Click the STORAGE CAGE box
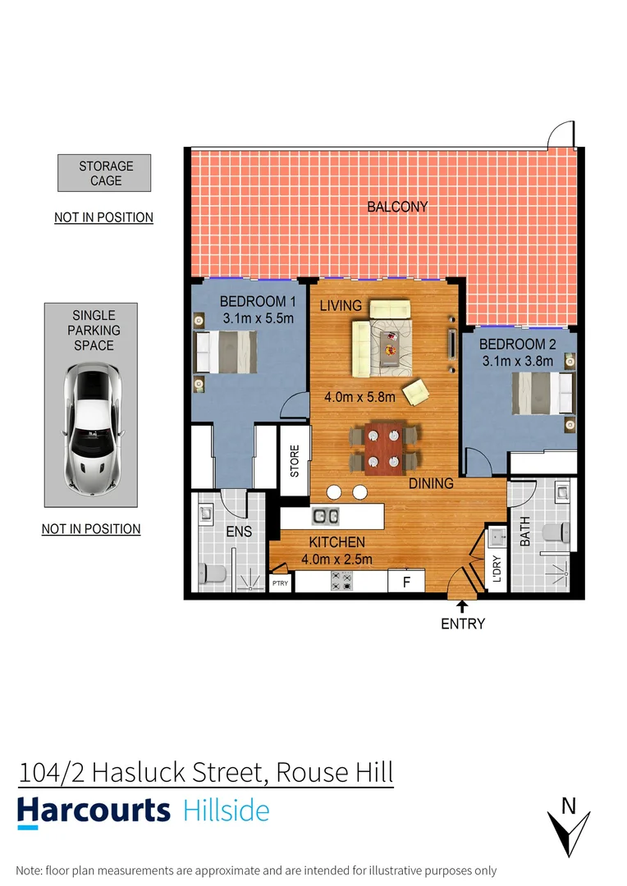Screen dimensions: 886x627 click(x=104, y=173)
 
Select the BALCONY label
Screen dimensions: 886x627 click(x=397, y=207)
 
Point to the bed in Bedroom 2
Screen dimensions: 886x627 click(x=541, y=394)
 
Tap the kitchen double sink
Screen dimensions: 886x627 click(x=326, y=516)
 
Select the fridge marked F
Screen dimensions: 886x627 click(x=405, y=582)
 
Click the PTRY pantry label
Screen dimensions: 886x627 click(x=280, y=583)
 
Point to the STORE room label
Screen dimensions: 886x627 click(x=295, y=461)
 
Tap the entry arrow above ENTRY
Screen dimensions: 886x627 click(x=462, y=606)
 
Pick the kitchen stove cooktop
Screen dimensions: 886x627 click(x=341, y=582)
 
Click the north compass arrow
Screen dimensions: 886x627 click(x=568, y=829)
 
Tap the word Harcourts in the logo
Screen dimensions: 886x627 click(x=94, y=811)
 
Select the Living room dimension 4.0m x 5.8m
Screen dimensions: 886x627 click(x=360, y=397)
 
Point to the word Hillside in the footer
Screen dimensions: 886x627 click(x=226, y=811)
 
